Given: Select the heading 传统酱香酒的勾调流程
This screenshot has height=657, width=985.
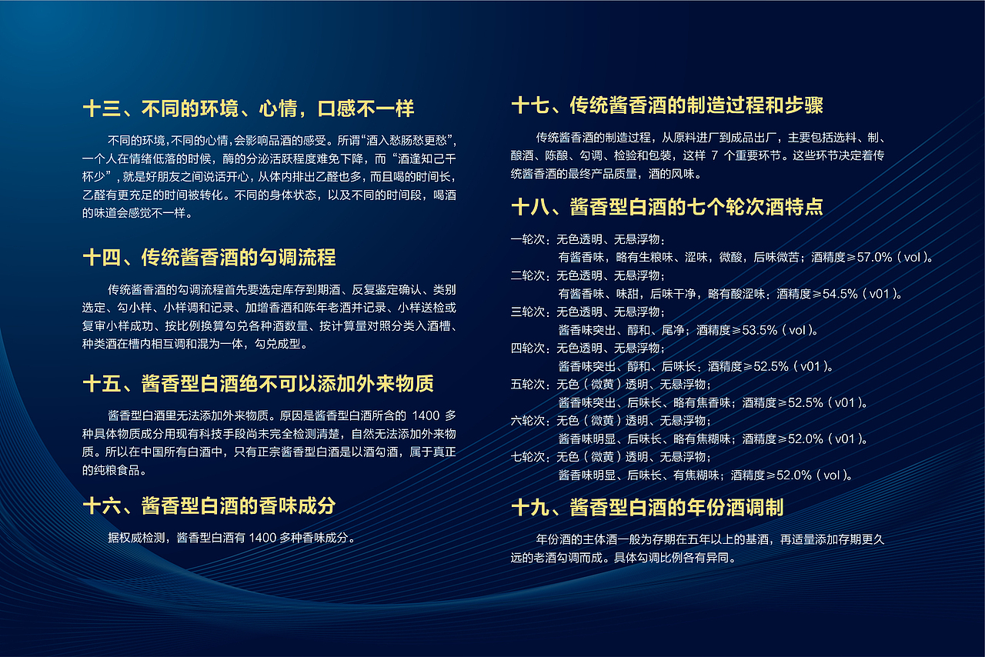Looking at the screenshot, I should click(x=239, y=257).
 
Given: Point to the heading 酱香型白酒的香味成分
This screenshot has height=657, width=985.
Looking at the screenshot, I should click(x=239, y=505).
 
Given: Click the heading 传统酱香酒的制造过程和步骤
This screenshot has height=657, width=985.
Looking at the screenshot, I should click(x=696, y=105).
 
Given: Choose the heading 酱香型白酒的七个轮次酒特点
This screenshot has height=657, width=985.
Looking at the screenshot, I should click(x=696, y=207).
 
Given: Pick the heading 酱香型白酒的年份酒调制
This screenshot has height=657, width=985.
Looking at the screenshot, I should click(x=677, y=507).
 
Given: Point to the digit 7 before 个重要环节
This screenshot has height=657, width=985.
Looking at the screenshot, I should click(x=715, y=155).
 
